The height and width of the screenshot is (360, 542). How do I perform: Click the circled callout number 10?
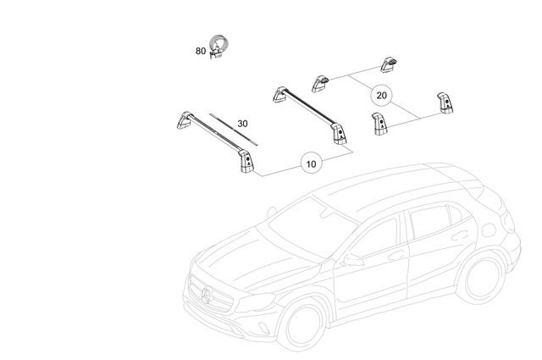(x=312, y=163)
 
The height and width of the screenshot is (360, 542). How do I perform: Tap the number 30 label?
(x=243, y=124)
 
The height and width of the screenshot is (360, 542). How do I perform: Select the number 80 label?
(x=201, y=51)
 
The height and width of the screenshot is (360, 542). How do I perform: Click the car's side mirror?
(x=351, y=260)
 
